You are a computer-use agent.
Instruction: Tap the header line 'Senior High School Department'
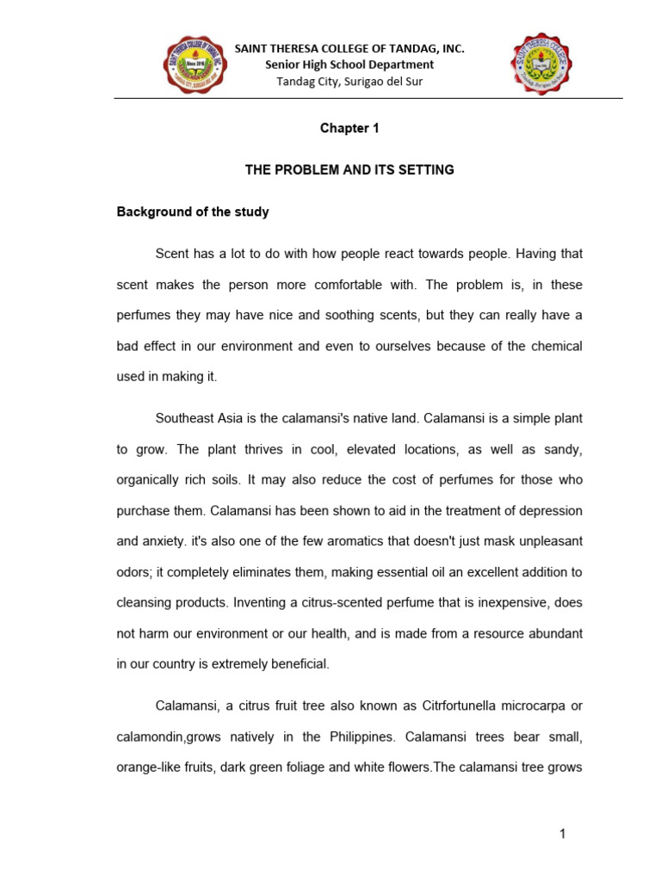349,65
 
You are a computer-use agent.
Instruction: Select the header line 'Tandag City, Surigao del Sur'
349,82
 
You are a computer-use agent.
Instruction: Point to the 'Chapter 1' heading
349,128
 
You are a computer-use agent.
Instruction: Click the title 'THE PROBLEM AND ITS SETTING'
349,170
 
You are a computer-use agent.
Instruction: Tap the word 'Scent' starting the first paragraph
171,254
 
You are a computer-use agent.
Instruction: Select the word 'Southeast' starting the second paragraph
185,418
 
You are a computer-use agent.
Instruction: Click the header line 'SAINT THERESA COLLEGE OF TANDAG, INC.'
349,49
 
